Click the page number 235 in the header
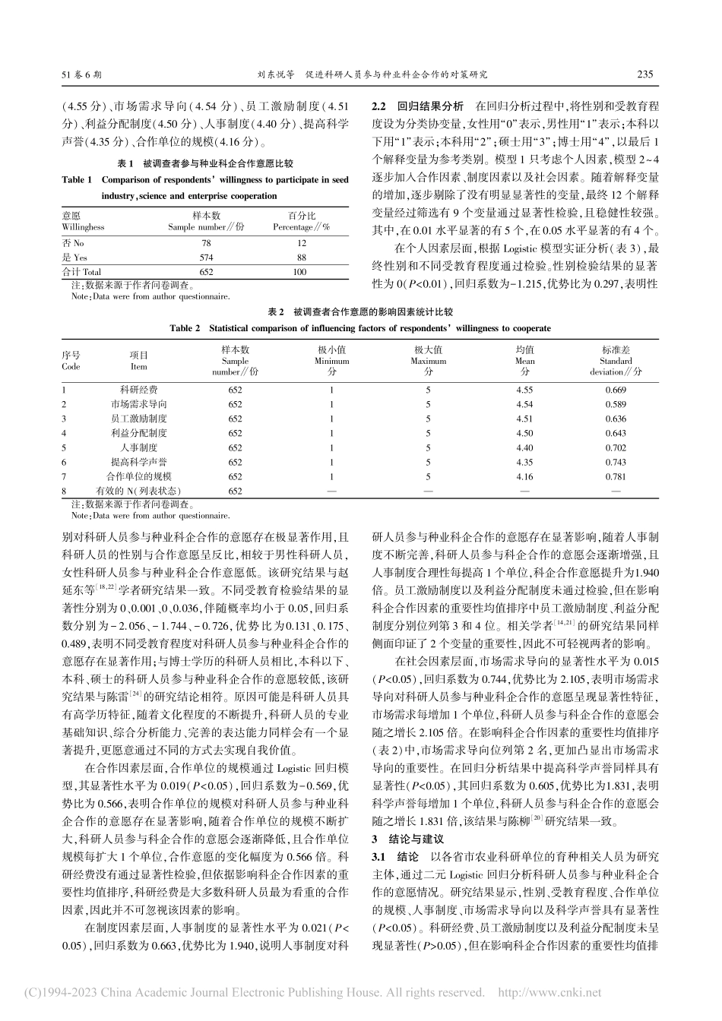644,75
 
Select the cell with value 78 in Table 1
206,243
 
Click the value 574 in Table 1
206,258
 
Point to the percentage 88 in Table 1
301,258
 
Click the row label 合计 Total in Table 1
81,272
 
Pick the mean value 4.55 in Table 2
524,390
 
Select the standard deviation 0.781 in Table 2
616,477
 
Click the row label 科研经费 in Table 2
139,390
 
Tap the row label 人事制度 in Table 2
139,448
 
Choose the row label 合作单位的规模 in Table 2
139,477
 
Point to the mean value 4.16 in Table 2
524,477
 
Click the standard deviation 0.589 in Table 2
616,404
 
